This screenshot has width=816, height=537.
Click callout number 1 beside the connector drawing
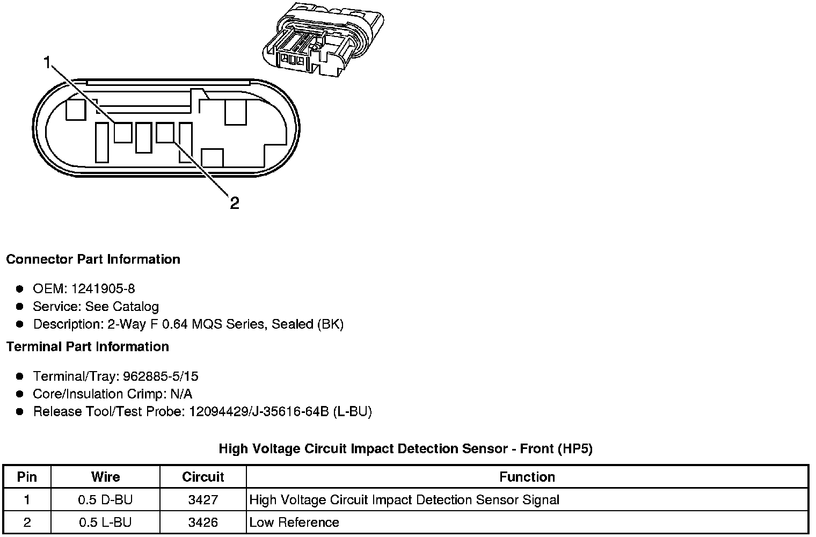[x=47, y=63]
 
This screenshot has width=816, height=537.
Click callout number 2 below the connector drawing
[x=234, y=203]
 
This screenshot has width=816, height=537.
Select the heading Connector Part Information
[x=93, y=259]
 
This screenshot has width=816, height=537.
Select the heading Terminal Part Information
[x=88, y=347]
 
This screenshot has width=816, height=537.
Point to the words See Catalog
[x=122, y=307]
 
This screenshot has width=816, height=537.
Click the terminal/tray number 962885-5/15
[x=161, y=376]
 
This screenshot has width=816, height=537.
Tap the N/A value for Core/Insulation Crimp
[x=180, y=394]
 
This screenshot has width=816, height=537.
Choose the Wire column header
[x=105, y=477]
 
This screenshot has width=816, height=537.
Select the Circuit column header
[x=203, y=477]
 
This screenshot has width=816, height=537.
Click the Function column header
[x=527, y=477]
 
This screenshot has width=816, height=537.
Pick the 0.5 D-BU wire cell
[x=105, y=500]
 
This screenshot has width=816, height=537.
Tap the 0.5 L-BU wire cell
[x=105, y=523]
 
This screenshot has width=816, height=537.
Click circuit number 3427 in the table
[x=203, y=500]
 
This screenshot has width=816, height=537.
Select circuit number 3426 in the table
[x=203, y=523]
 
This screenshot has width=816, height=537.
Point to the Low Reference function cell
[x=294, y=523]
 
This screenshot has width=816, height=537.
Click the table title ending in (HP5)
[x=405, y=449]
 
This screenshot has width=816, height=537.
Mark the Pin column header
[x=27, y=477]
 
